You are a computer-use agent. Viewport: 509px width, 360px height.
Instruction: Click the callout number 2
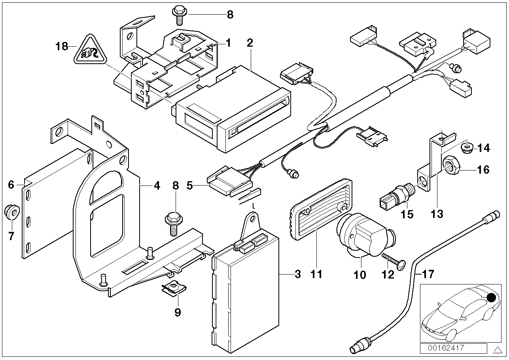250,43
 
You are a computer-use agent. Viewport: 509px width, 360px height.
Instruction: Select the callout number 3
297,274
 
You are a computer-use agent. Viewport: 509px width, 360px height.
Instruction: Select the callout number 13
437,214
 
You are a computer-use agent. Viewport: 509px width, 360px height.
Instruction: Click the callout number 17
428,273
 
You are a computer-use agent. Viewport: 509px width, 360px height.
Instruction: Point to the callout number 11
316,274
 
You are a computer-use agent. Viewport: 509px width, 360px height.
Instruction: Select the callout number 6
11,184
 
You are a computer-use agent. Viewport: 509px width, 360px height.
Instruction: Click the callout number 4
157,185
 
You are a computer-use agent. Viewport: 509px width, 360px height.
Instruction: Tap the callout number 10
360,275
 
